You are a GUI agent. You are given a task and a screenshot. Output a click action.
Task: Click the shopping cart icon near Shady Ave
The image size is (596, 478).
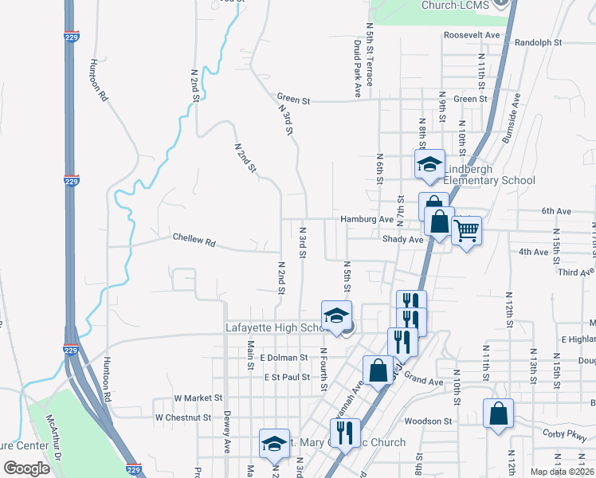(x=466, y=232)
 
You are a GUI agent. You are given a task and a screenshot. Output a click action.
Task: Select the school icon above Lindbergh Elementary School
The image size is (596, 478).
(x=429, y=165)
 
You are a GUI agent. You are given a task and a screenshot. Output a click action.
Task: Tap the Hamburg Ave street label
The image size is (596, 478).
(x=367, y=219)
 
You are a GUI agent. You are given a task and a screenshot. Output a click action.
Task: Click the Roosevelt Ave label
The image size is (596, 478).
(x=472, y=36)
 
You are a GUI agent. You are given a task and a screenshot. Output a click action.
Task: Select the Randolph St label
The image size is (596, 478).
(x=539, y=42)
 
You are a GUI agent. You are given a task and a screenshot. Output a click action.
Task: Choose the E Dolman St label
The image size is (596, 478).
(x=283, y=359)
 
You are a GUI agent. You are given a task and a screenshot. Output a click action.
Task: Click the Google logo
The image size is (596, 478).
(x=27, y=468)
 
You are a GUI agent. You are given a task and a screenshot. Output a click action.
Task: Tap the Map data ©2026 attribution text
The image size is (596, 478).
(x=562, y=471)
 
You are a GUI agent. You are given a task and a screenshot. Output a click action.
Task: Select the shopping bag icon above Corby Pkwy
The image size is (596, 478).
(x=498, y=414)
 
